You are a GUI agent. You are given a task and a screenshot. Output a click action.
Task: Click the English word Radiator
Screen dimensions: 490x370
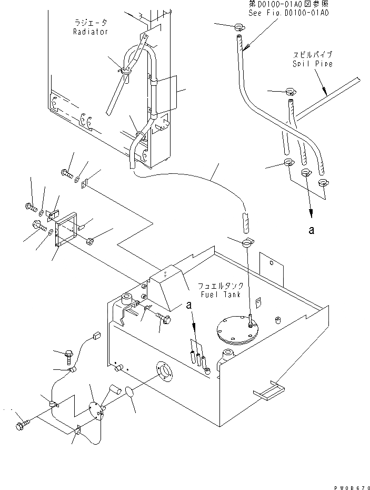tap(91, 32)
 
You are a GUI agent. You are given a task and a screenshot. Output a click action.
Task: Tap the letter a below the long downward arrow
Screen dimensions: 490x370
tap(312, 230)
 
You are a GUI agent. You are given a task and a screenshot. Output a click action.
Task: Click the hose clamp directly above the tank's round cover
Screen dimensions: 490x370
tap(247, 242)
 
